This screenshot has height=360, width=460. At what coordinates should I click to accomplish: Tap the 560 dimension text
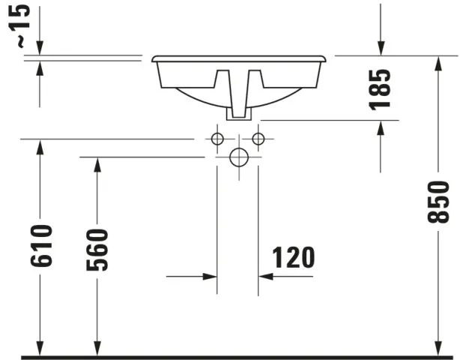coord(98,250)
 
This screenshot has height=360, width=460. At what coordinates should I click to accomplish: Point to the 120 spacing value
coord(292,258)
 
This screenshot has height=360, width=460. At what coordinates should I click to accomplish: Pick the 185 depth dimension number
coord(381,88)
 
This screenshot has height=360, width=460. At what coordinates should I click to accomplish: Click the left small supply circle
coord(217,139)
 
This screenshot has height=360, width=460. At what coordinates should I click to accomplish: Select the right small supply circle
coord(258,139)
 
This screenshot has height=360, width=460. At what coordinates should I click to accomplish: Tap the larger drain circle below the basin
coord(238,157)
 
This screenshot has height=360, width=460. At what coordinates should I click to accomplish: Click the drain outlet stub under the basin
coord(238,112)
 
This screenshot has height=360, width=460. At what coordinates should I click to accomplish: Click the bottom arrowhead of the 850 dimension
coord(438,348)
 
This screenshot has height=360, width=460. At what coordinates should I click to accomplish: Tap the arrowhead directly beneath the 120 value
coord(267,277)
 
